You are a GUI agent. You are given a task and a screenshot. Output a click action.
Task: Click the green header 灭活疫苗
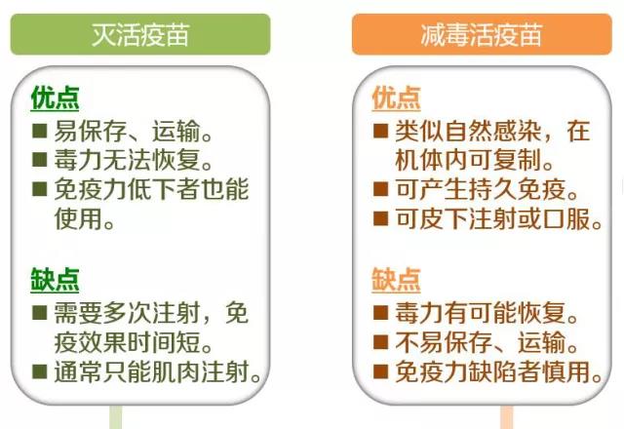140,35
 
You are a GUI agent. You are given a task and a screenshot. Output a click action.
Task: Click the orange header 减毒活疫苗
482,35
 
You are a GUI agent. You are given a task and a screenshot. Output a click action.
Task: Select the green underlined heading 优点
55,97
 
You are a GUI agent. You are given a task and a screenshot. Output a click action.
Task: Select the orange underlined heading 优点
396,97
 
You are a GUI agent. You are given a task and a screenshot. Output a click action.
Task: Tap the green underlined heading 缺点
55,280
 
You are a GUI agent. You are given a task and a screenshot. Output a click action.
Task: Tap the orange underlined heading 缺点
396,280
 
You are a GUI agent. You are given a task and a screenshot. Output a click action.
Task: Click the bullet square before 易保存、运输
40,131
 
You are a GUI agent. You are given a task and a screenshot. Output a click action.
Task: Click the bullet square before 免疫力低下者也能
40,189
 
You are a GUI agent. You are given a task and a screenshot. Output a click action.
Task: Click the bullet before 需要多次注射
40,313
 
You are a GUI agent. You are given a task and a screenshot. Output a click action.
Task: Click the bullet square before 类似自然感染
381,131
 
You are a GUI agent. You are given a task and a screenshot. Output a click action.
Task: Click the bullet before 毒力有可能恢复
381,313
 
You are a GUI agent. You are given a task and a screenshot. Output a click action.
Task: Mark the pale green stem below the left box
116,417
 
